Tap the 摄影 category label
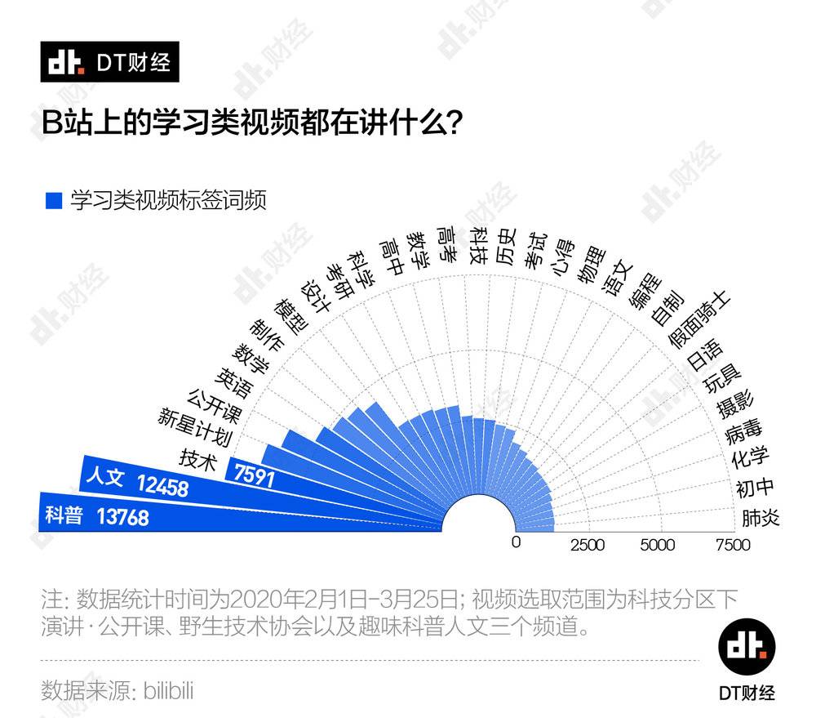click(735, 404)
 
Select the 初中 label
click(755, 488)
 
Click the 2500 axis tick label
click(588, 545)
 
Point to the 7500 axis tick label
click(732, 545)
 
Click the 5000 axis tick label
click(659, 545)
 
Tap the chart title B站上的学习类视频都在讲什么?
click(253, 123)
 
